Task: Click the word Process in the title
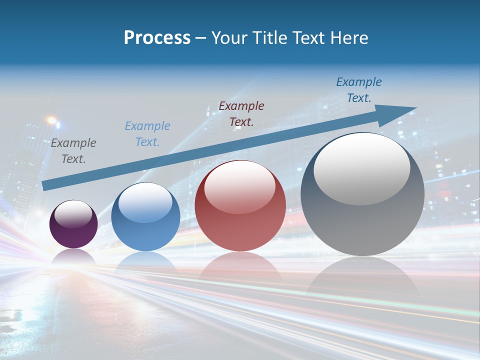click(x=157, y=38)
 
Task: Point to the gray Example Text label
click(x=73, y=151)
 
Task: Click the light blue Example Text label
click(x=147, y=134)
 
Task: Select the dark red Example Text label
click(x=241, y=113)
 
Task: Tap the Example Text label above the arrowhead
click(x=359, y=90)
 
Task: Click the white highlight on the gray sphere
click(x=362, y=169)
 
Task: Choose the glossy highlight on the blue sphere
click(x=145, y=202)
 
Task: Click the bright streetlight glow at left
click(x=51, y=120)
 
